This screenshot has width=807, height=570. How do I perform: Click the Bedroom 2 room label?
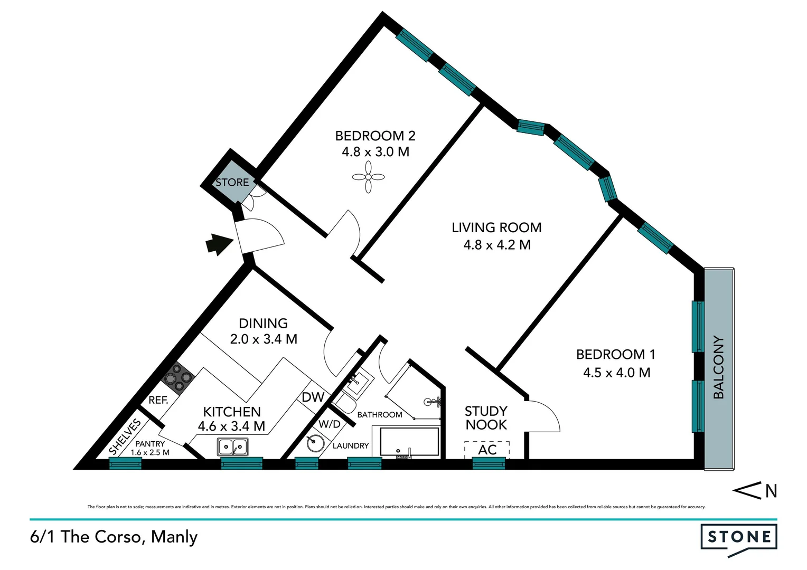pyautogui.click(x=375, y=136)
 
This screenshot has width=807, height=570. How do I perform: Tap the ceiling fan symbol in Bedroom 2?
pyautogui.click(x=369, y=177)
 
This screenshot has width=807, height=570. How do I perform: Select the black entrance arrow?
pyautogui.click(x=218, y=244)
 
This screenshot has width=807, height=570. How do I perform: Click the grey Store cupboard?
pyautogui.click(x=232, y=183)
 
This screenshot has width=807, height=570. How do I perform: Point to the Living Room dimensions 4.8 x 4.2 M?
pyautogui.click(x=496, y=245)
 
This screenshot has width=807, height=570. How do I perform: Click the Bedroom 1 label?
pyautogui.click(x=615, y=354)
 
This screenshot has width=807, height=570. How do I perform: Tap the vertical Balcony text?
pyautogui.click(x=718, y=367)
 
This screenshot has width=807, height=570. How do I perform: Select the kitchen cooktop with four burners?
pyautogui.click(x=178, y=378)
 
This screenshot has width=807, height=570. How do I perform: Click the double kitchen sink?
pyautogui.click(x=233, y=447)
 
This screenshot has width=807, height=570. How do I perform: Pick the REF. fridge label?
pyautogui.click(x=158, y=400)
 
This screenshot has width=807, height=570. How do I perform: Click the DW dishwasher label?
pyautogui.click(x=313, y=397)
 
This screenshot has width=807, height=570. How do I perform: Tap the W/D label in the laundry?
pyautogui.click(x=330, y=424)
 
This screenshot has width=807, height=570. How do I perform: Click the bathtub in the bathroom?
pyautogui.click(x=409, y=442)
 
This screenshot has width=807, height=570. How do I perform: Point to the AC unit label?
pyautogui.click(x=487, y=450)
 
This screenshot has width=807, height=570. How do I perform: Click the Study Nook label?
pyautogui.click(x=486, y=417)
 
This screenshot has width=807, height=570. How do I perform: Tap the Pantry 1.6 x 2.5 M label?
pyautogui.click(x=150, y=448)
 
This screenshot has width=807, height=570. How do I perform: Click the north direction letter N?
pyautogui.click(x=771, y=491)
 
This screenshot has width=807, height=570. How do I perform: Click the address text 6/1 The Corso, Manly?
pyautogui.click(x=114, y=537)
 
